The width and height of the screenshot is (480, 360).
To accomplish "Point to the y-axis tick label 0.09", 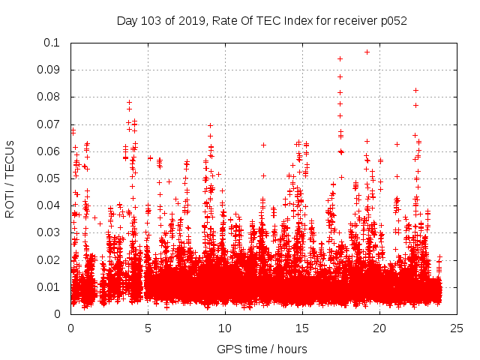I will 52,70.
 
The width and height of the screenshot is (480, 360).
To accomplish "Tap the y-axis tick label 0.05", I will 52,178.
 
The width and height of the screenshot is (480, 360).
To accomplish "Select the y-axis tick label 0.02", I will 52,259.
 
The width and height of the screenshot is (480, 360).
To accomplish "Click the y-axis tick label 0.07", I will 52,124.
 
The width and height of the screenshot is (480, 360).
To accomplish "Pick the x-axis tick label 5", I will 148,328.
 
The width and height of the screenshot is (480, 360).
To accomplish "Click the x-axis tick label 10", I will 225,328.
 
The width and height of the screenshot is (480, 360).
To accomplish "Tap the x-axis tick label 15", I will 302,328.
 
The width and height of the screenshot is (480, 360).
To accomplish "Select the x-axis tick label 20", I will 379,328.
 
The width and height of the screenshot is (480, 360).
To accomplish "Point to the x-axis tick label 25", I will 457,328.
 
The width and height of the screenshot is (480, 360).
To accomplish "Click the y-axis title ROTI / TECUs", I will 10,178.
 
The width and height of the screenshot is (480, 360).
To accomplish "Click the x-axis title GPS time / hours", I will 262,349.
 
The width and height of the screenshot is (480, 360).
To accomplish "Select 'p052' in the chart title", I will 392,20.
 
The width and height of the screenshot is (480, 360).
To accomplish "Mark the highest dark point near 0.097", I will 367,52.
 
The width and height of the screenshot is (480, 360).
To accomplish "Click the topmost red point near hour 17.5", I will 340,58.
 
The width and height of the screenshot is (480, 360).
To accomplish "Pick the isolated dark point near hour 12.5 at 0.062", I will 263,145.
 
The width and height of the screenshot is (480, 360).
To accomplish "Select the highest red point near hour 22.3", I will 415,90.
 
